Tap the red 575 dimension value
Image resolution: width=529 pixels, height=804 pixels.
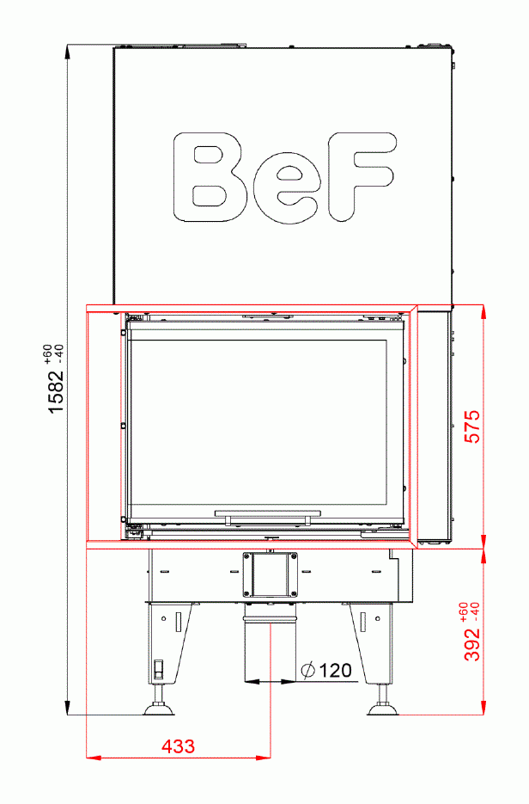[x=471, y=427]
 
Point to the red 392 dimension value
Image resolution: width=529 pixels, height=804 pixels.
[x=471, y=643]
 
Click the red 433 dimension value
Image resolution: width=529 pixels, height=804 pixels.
[x=178, y=746]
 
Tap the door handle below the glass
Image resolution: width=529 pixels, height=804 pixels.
[x=267, y=516]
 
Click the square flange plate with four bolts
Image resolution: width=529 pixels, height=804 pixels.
[x=271, y=574]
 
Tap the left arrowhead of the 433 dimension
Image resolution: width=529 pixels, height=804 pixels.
[x=91, y=758]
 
